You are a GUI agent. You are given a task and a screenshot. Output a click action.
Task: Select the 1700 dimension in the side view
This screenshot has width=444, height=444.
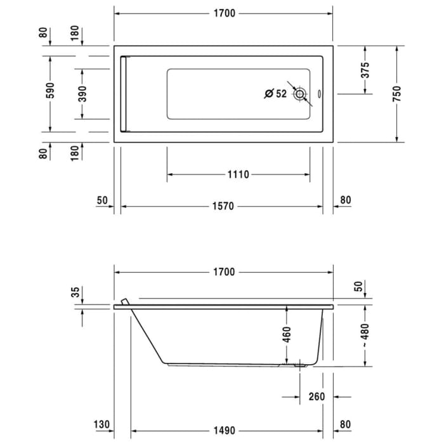point(224,272)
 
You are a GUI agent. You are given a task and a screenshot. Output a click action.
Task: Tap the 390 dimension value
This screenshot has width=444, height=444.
point(82,93)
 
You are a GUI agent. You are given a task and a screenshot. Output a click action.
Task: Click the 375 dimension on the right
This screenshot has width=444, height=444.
point(365,70)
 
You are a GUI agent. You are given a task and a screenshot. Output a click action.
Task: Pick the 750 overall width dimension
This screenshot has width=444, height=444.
point(396,93)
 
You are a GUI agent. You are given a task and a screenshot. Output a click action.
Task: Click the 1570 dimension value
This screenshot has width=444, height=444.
point(223,206)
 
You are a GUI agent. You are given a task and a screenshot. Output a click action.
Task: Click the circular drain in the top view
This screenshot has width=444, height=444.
point(300,94)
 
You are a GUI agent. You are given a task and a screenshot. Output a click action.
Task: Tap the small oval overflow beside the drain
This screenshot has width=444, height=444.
point(318,96)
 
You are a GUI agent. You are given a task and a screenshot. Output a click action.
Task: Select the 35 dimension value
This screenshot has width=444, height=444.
point(75,292)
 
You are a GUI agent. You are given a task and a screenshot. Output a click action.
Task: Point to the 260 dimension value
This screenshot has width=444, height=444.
point(317,396)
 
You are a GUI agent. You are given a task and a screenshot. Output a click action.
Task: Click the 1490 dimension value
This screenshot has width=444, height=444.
point(223,431)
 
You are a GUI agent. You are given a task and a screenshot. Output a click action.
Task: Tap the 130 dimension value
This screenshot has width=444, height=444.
point(101,424)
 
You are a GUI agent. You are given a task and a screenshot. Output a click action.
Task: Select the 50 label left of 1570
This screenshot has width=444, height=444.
point(102,200)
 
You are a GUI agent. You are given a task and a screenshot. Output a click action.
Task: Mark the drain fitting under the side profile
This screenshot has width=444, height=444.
point(300,365)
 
